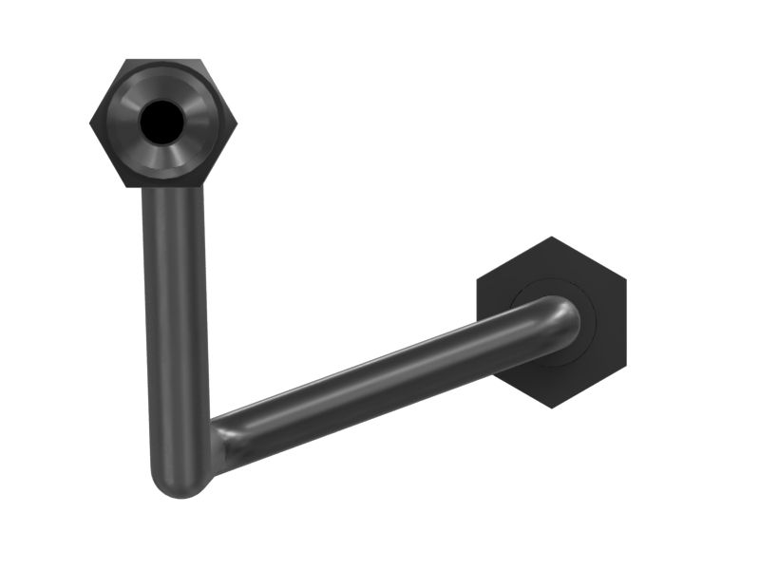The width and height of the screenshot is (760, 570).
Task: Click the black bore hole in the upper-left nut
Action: [x=162, y=122]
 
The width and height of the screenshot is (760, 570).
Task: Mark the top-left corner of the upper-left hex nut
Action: [x=126, y=60]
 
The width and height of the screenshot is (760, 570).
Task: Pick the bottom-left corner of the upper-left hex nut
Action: [x=126, y=186]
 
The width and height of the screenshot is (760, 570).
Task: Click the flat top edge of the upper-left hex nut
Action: [x=163, y=61]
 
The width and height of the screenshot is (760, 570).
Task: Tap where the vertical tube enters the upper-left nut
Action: [x=173, y=190]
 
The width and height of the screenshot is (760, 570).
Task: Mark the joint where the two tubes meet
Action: [x=214, y=446]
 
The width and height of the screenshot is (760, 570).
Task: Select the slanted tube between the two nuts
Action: [x=380, y=385]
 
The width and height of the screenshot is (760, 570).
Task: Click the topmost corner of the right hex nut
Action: [x=552, y=237]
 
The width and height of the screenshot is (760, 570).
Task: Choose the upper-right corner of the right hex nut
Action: [x=626, y=279]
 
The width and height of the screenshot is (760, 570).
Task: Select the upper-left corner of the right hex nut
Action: [x=478, y=279]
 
